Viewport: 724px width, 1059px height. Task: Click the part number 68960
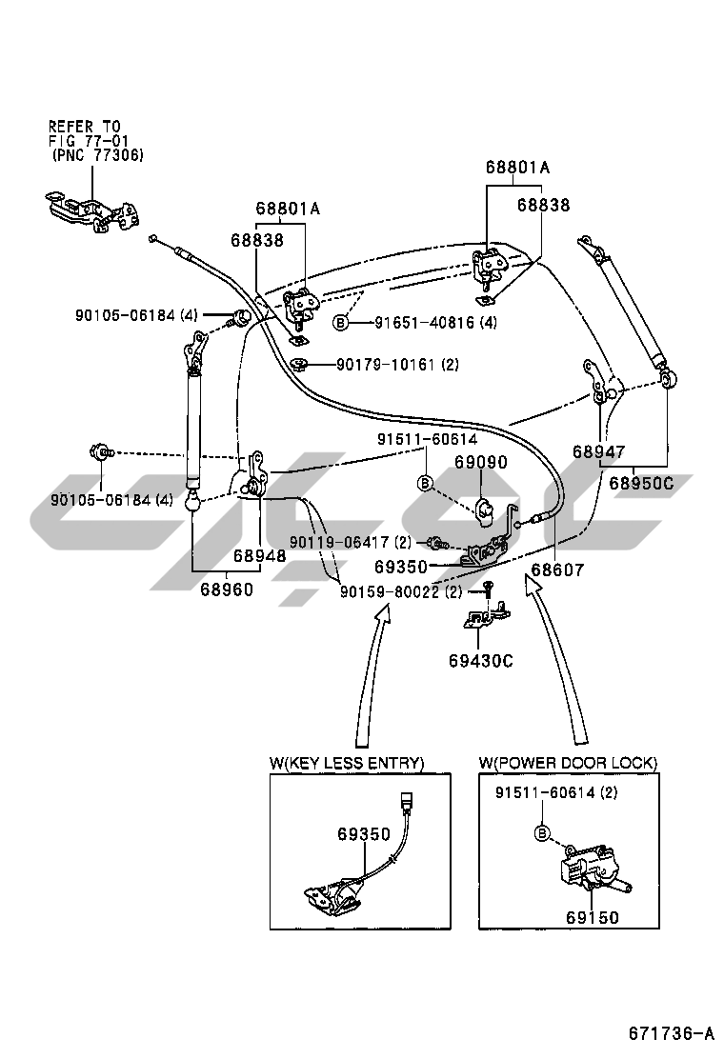click(x=227, y=589)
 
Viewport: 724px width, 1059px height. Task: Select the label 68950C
click(x=641, y=483)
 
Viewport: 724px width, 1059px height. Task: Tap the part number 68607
click(x=557, y=569)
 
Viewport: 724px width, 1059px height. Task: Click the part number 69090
click(x=480, y=463)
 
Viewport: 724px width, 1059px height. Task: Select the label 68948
click(x=260, y=555)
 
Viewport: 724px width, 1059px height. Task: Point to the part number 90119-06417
click(x=336, y=542)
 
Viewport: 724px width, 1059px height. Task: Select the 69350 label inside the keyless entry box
click(x=363, y=834)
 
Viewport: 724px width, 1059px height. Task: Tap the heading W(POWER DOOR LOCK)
click(x=569, y=763)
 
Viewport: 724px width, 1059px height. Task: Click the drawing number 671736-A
click(x=670, y=1033)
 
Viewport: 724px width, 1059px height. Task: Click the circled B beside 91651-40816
click(x=340, y=324)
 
